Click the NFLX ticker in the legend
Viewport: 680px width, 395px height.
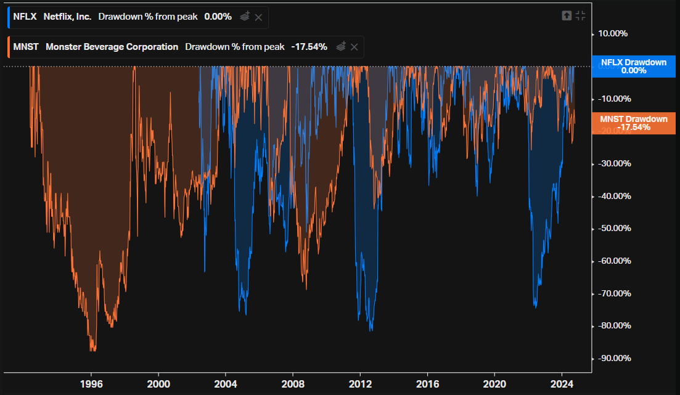[x=25, y=17]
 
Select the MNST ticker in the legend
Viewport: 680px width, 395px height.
[x=26, y=47]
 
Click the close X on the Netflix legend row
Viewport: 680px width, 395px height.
[x=258, y=17]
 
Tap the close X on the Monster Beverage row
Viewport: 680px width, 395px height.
[x=354, y=47]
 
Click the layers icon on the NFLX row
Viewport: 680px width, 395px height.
[x=245, y=17]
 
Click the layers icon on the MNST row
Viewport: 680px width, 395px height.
[x=341, y=46]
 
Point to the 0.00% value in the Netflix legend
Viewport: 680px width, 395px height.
[x=218, y=17]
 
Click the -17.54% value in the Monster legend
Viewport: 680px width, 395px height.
[x=309, y=47]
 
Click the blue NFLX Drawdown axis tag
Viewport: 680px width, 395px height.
[x=634, y=67]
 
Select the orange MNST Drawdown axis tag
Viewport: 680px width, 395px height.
[x=634, y=123]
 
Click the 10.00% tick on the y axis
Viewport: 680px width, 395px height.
[x=613, y=34]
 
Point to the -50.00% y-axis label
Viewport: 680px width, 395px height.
[x=615, y=229]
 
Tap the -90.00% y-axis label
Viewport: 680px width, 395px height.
[x=615, y=359]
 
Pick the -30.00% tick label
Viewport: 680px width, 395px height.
[x=615, y=163]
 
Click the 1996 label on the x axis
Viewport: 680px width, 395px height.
[x=91, y=384]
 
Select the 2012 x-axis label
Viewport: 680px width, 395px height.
[x=361, y=384]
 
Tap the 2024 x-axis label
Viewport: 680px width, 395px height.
[x=562, y=384]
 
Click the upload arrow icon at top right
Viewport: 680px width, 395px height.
[x=567, y=16]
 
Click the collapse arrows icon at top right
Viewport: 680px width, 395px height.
[x=580, y=16]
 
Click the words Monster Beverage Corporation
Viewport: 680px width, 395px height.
[x=112, y=47]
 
